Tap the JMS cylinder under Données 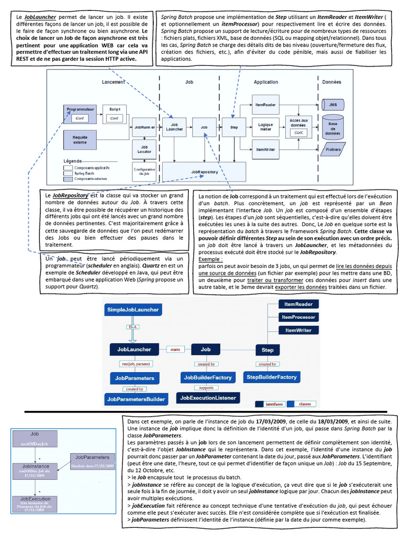tap(333, 105)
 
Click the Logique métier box tap(266, 126)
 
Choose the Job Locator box tap(144, 149)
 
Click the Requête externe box tap(80, 139)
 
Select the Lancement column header tap(113, 82)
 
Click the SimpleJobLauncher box tap(133, 310)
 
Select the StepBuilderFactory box tap(272, 377)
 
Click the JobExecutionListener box tap(208, 398)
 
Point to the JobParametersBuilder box tap(136, 399)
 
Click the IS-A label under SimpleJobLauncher tap(133, 327)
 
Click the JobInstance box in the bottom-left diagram tap(36, 468)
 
